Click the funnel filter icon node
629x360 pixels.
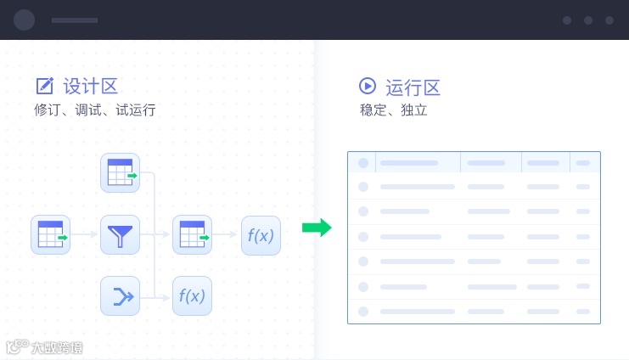[120, 234]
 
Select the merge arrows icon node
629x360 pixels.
[120, 296]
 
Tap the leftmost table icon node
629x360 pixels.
[50, 234]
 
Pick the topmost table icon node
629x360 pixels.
[120, 172]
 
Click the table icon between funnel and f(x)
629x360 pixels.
[192, 234]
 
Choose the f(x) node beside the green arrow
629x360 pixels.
[261, 235]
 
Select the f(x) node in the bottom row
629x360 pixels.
[192, 296]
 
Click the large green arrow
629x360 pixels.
[317, 228]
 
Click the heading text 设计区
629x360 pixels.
[90, 86]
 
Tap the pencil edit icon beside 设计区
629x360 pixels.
[45, 86]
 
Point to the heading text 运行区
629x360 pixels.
[413, 87]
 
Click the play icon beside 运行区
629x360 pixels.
[368, 86]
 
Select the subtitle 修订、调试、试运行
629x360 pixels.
[95, 110]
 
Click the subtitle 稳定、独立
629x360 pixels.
[393, 110]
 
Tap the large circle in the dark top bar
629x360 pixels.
[25, 20]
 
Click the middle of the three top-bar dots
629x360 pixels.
[588, 20]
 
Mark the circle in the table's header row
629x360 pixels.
[363, 162]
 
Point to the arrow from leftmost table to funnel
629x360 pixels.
[85, 234]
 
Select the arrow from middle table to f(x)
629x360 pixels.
[226, 234]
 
